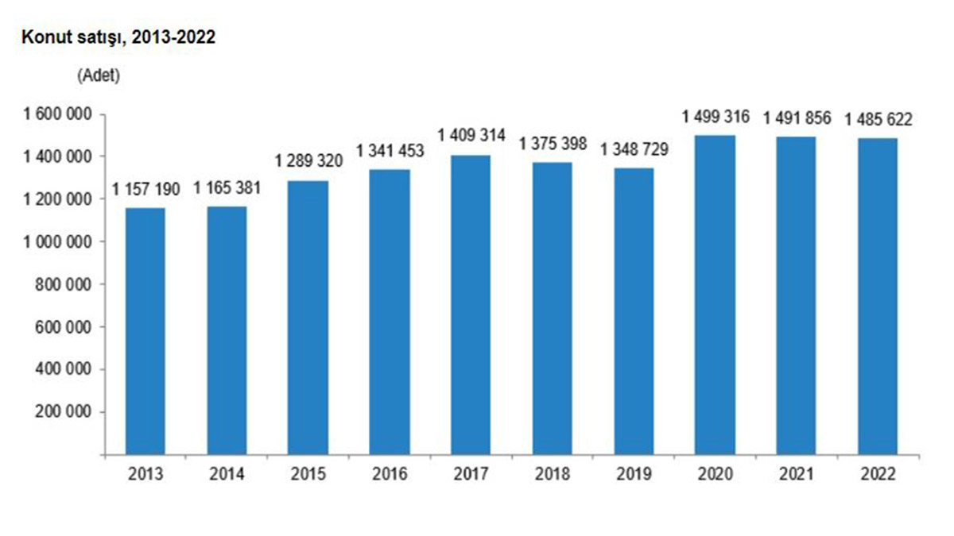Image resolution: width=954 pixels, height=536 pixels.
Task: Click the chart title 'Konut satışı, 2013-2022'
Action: click(119, 37)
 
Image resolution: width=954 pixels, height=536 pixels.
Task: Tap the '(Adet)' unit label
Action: click(99, 75)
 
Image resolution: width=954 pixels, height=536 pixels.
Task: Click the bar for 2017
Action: click(471, 305)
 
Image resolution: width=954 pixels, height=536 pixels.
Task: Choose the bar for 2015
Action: click(308, 318)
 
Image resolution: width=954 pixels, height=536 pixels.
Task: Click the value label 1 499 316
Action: click(715, 118)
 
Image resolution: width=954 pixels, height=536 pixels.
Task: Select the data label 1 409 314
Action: click(471, 136)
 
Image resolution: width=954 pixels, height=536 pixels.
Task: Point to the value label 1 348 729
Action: click(634, 149)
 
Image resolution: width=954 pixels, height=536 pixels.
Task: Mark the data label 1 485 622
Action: click(878, 120)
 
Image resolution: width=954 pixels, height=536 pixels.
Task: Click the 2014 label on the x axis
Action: click(227, 475)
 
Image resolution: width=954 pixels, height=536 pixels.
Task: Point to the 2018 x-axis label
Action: click(553, 475)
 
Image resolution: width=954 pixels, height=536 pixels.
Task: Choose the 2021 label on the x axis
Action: click(796, 475)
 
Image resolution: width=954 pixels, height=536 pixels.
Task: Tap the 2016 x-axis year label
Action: click(390, 475)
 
